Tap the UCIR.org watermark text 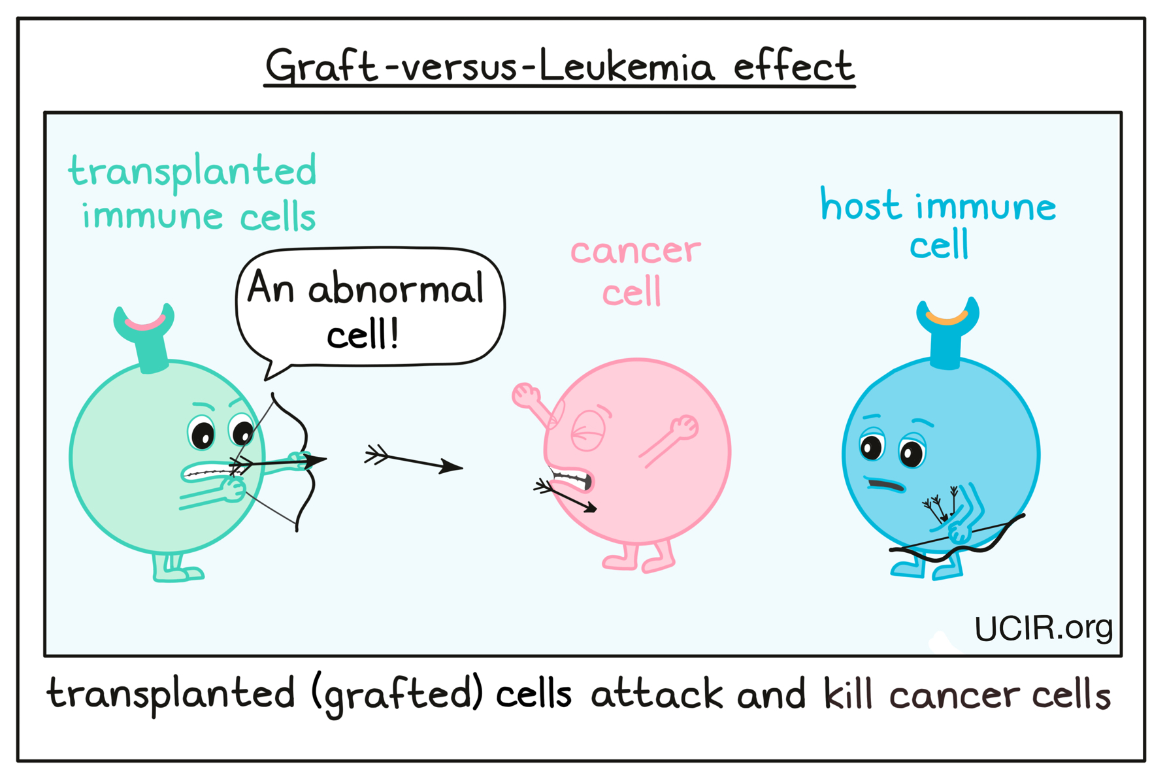1043,628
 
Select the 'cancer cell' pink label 634,272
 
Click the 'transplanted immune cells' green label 193,193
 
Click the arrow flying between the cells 413,460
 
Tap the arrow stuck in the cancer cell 565,496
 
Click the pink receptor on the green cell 145,324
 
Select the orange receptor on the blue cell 946,318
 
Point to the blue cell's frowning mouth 885,485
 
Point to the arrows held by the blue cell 939,505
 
